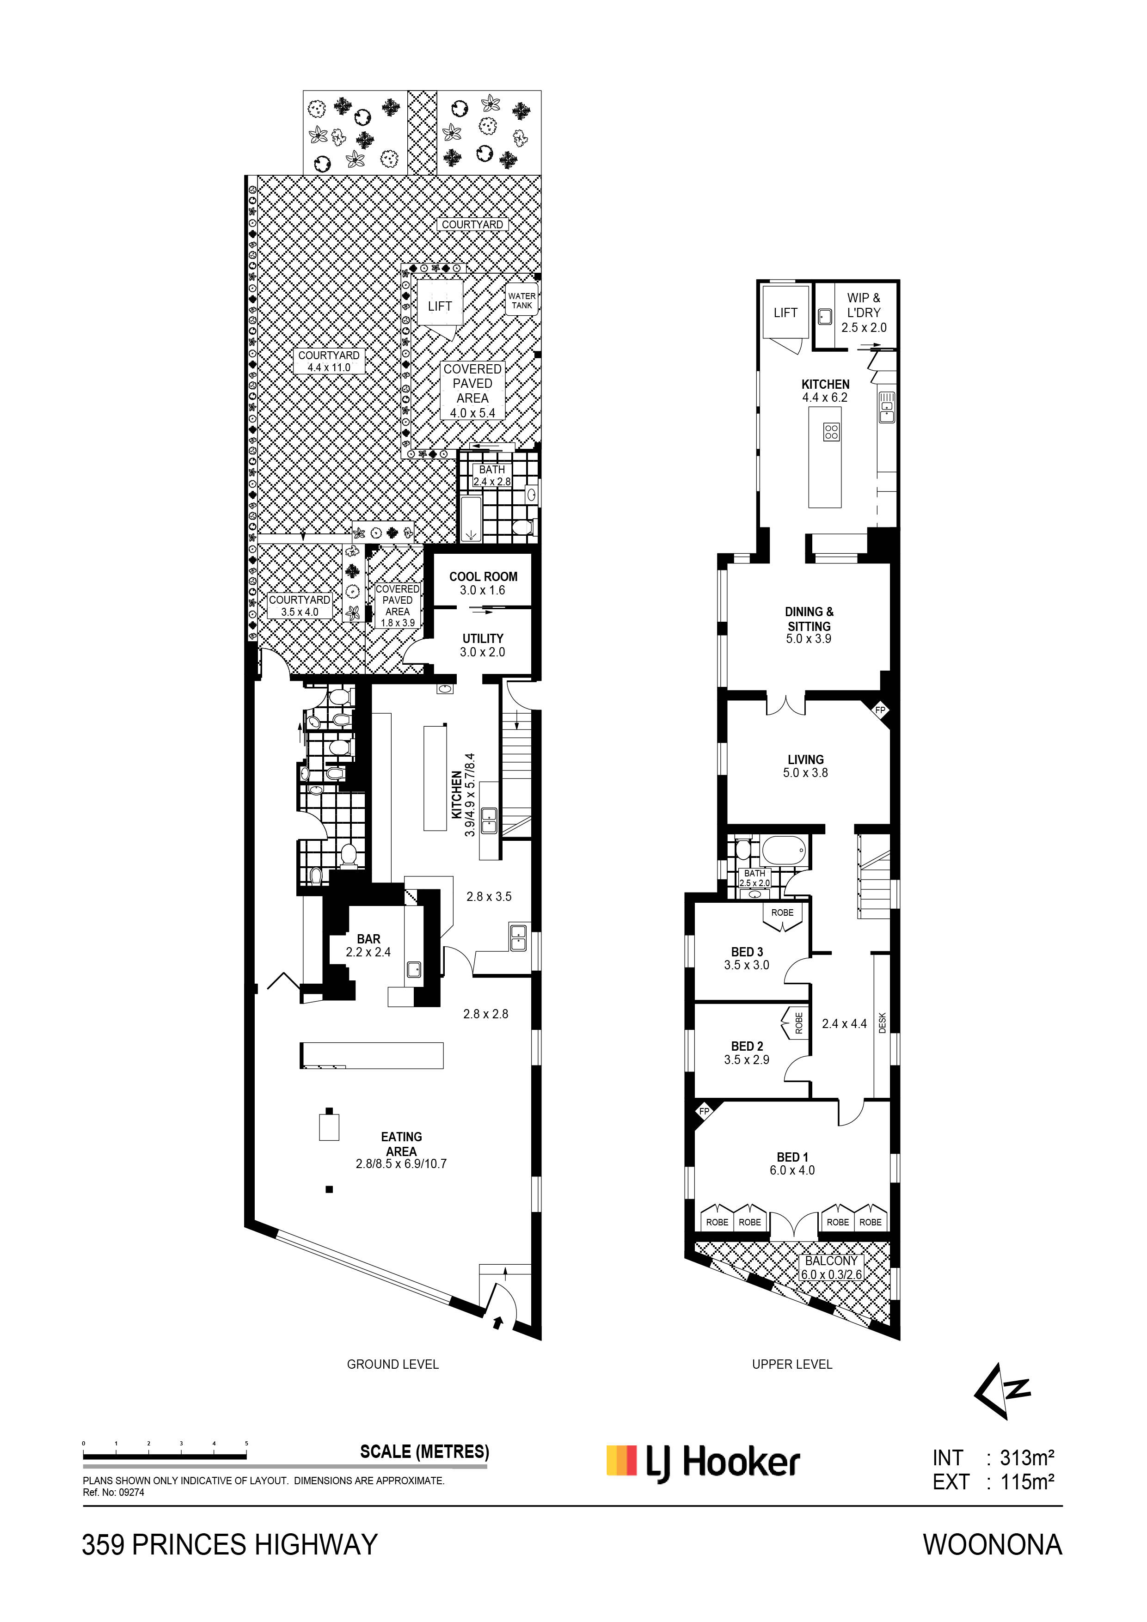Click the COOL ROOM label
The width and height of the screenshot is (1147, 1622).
pyautogui.click(x=484, y=583)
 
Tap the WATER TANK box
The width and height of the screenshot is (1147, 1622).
pyautogui.click(x=522, y=301)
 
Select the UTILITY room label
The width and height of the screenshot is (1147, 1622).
pyautogui.click(x=483, y=645)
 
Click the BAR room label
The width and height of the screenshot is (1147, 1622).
pyautogui.click(x=368, y=945)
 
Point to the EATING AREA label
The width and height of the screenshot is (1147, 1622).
pyautogui.click(x=401, y=1150)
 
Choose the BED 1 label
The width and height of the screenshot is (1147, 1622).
pyautogui.click(x=792, y=1163)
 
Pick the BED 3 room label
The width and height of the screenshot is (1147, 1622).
pyautogui.click(x=747, y=959)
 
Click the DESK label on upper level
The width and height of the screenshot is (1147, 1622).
pyautogui.click(x=882, y=1024)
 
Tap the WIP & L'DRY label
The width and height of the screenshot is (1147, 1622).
pyautogui.click(x=864, y=313)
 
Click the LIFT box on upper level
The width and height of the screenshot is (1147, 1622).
pyautogui.click(x=785, y=312)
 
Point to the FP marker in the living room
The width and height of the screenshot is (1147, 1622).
pyautogui.click(x=880, y=709)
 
